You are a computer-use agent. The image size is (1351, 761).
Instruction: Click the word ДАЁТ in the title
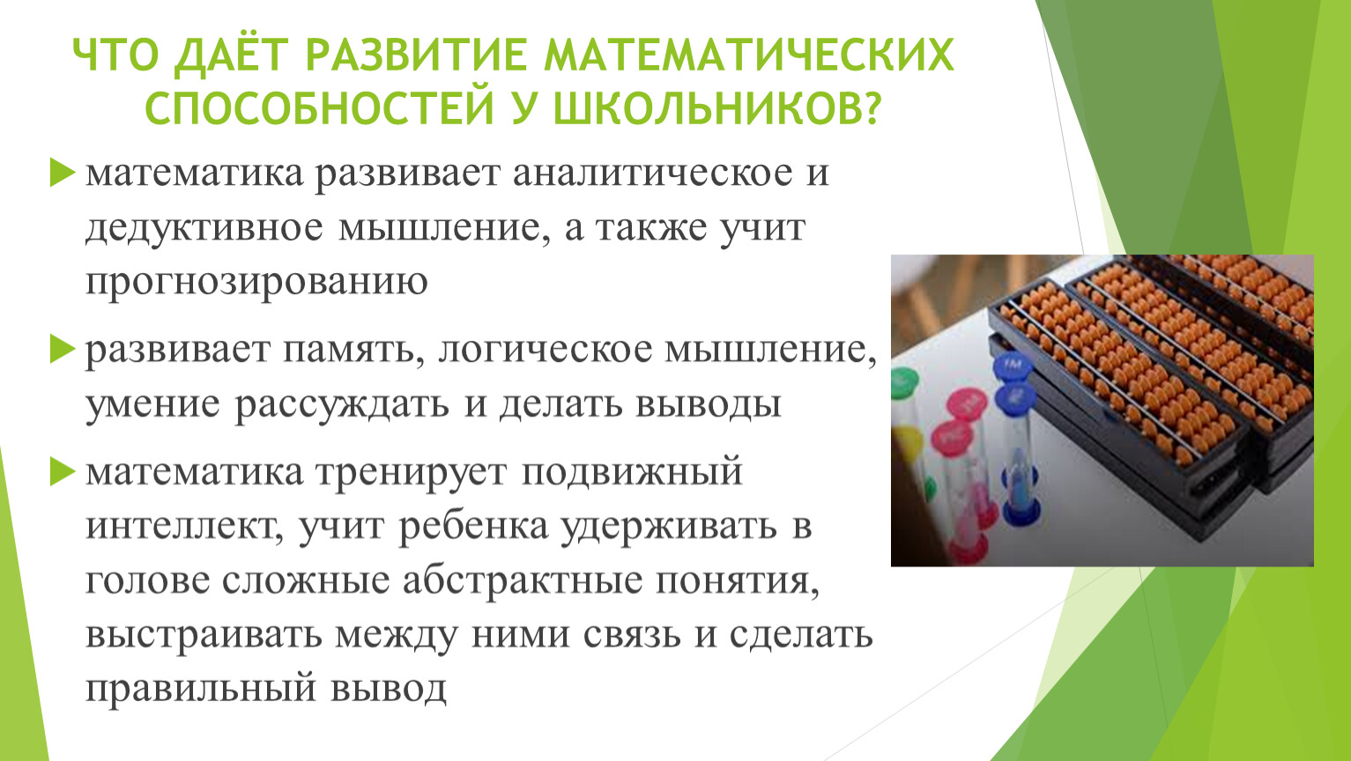click(230, 55)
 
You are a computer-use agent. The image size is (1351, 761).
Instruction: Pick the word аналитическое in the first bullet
click(652, 173)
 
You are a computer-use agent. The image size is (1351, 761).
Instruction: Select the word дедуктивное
click(204, 228)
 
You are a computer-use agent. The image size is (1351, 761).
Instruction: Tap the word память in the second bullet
click(349, 351)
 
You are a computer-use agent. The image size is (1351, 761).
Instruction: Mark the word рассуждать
click(342, 405)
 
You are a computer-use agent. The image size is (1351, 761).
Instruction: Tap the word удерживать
click(668, 527)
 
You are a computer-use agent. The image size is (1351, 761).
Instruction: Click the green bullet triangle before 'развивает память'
click(62, 350)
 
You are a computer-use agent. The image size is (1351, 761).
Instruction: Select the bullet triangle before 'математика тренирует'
click(62, 471)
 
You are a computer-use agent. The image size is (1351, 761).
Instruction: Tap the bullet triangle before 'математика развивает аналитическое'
click(62, 173)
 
